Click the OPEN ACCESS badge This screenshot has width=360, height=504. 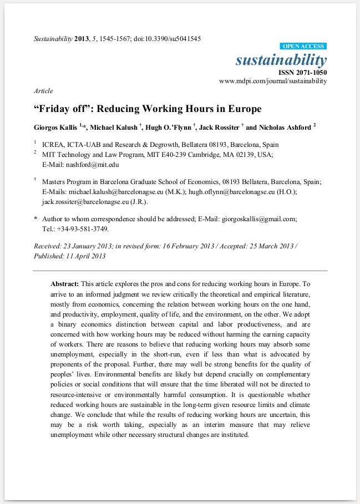click(303, 46)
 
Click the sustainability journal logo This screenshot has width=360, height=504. click(281, 59)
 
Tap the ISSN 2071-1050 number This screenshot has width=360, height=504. click(303, 72)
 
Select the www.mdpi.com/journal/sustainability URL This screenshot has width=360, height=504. click(273, 81)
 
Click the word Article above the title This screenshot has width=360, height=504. click(43, 91)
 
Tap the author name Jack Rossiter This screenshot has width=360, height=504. click(219, 127)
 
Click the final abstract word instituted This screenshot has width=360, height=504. click(234, 435)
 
